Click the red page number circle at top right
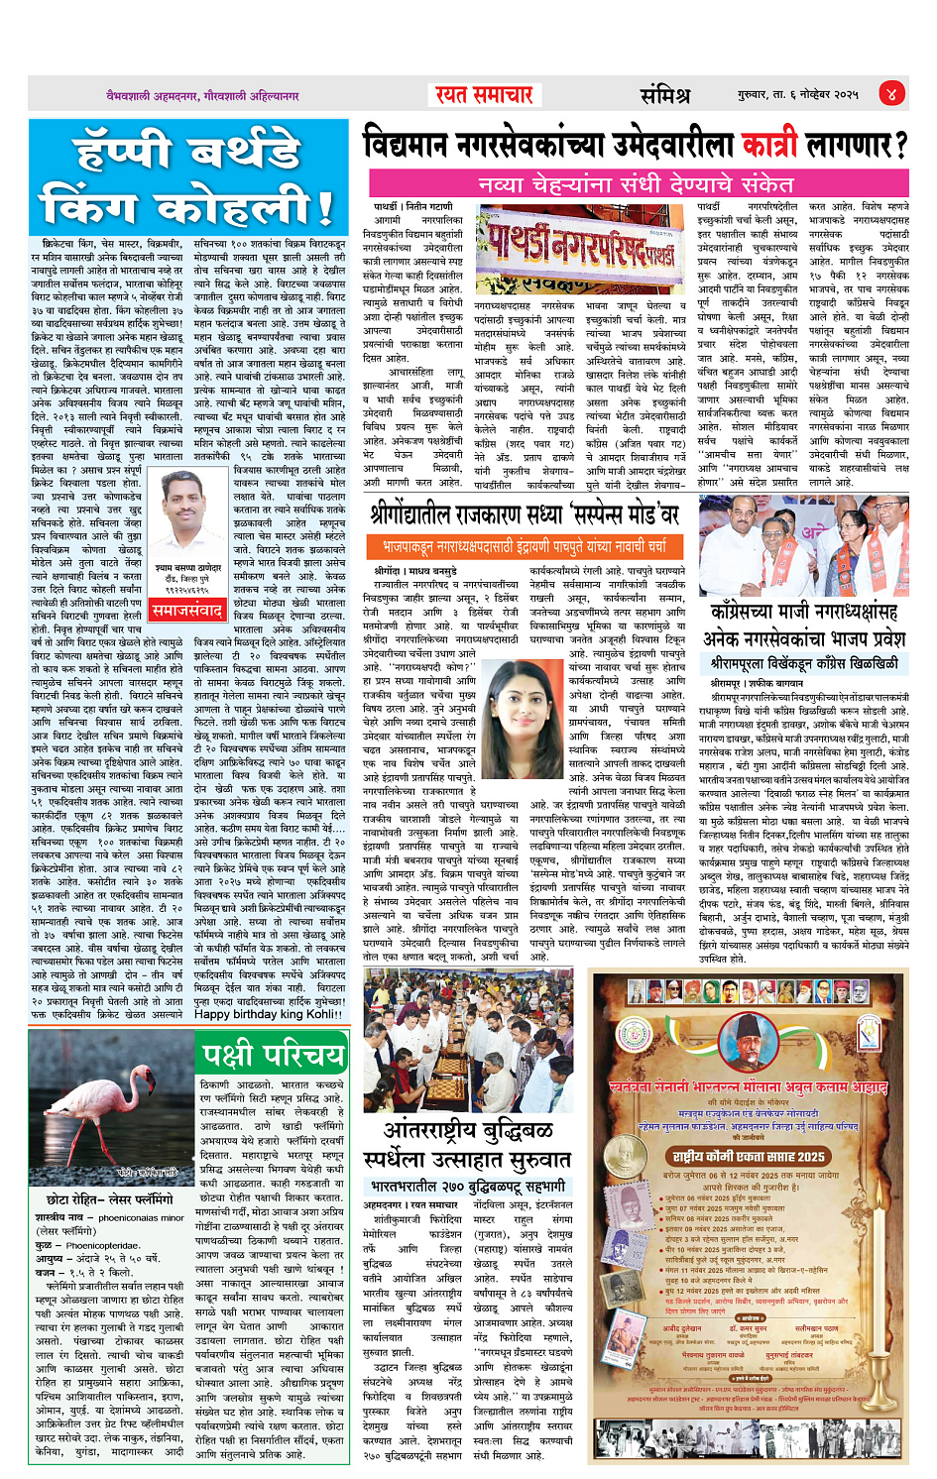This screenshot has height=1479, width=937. pos(890,94)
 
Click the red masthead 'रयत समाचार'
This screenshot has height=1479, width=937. pos(484,94)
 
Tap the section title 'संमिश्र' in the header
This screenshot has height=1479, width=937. pos(664,95)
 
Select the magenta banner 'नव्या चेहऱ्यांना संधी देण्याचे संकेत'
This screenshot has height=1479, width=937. pos(636,184)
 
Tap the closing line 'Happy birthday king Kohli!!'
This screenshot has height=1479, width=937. pos(266,1014)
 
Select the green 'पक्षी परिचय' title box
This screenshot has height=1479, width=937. pos(274,1053)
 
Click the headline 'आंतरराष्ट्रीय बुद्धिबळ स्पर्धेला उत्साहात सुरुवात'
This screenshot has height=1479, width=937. pos(477,1145)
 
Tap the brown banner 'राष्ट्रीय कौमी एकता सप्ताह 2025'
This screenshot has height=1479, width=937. pos(749,1156)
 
